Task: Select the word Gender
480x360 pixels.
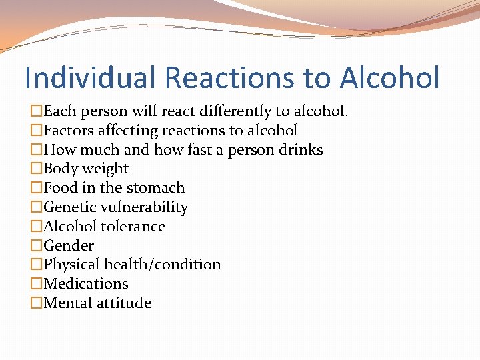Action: (69, 245)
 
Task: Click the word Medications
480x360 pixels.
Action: (86, 284)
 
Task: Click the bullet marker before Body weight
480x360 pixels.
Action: (37, 169)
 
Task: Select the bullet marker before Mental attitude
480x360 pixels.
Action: (37, 303)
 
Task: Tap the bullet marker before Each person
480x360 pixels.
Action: (37, 111)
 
